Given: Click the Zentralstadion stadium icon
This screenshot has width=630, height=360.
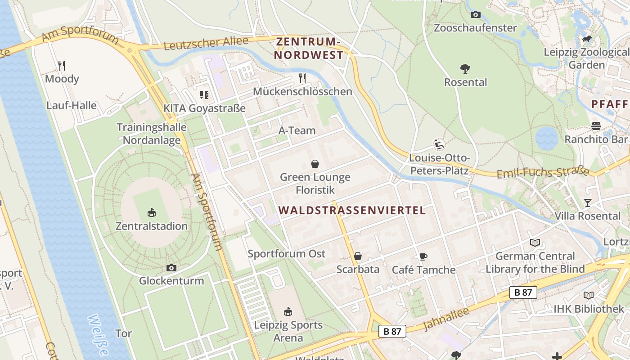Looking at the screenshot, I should pyautogui.click(x=152, y=212).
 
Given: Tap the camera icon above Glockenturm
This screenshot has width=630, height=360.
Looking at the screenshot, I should pyautogui.click(x=171, y=268).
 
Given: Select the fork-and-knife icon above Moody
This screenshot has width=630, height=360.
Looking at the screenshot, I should pyautogui.click(x=62, y=66).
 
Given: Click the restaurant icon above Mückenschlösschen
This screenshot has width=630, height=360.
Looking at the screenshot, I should pyautogui.click(x=302, y=78).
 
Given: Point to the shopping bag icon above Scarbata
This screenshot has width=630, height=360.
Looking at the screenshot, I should pyautogui.click(x=358, y=256).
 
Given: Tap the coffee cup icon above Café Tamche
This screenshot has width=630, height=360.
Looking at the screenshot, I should pyautogui.click(x=423, y=256).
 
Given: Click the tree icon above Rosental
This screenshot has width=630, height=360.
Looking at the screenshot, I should pyautogui.click(x=465, y=69).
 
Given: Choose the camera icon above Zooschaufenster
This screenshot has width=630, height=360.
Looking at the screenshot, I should pyautogui.click(x=475, y=14).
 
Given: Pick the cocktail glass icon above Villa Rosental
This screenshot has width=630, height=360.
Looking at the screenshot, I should pyautogui.click(x=587, y=203).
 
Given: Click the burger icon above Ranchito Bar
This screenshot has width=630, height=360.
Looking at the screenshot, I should pyautogui.click(x=596, y=126).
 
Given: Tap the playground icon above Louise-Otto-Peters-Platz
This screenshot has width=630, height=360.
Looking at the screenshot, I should pyautogui.click(x=439, y=144).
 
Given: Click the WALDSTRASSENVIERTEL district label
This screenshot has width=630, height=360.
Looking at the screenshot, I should pyautogui.click(x=352, y=210).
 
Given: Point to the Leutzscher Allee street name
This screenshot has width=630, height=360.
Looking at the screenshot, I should pyautogui.click(x=206, y=44).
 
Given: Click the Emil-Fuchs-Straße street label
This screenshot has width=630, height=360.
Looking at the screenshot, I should pyautogui.click(x=543, y=172).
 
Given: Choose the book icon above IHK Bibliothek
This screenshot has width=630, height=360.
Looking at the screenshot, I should pyautogui.click(x=589, y=296).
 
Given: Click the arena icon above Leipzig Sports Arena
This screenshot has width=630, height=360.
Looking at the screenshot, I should pyautogui.click(x=288, y=311).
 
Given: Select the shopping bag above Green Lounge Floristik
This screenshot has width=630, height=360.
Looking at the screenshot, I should pyautogui.click(x=315, y=164).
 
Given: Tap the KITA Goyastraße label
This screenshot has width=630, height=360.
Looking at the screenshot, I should pyautogui.click(x=204, y=108).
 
